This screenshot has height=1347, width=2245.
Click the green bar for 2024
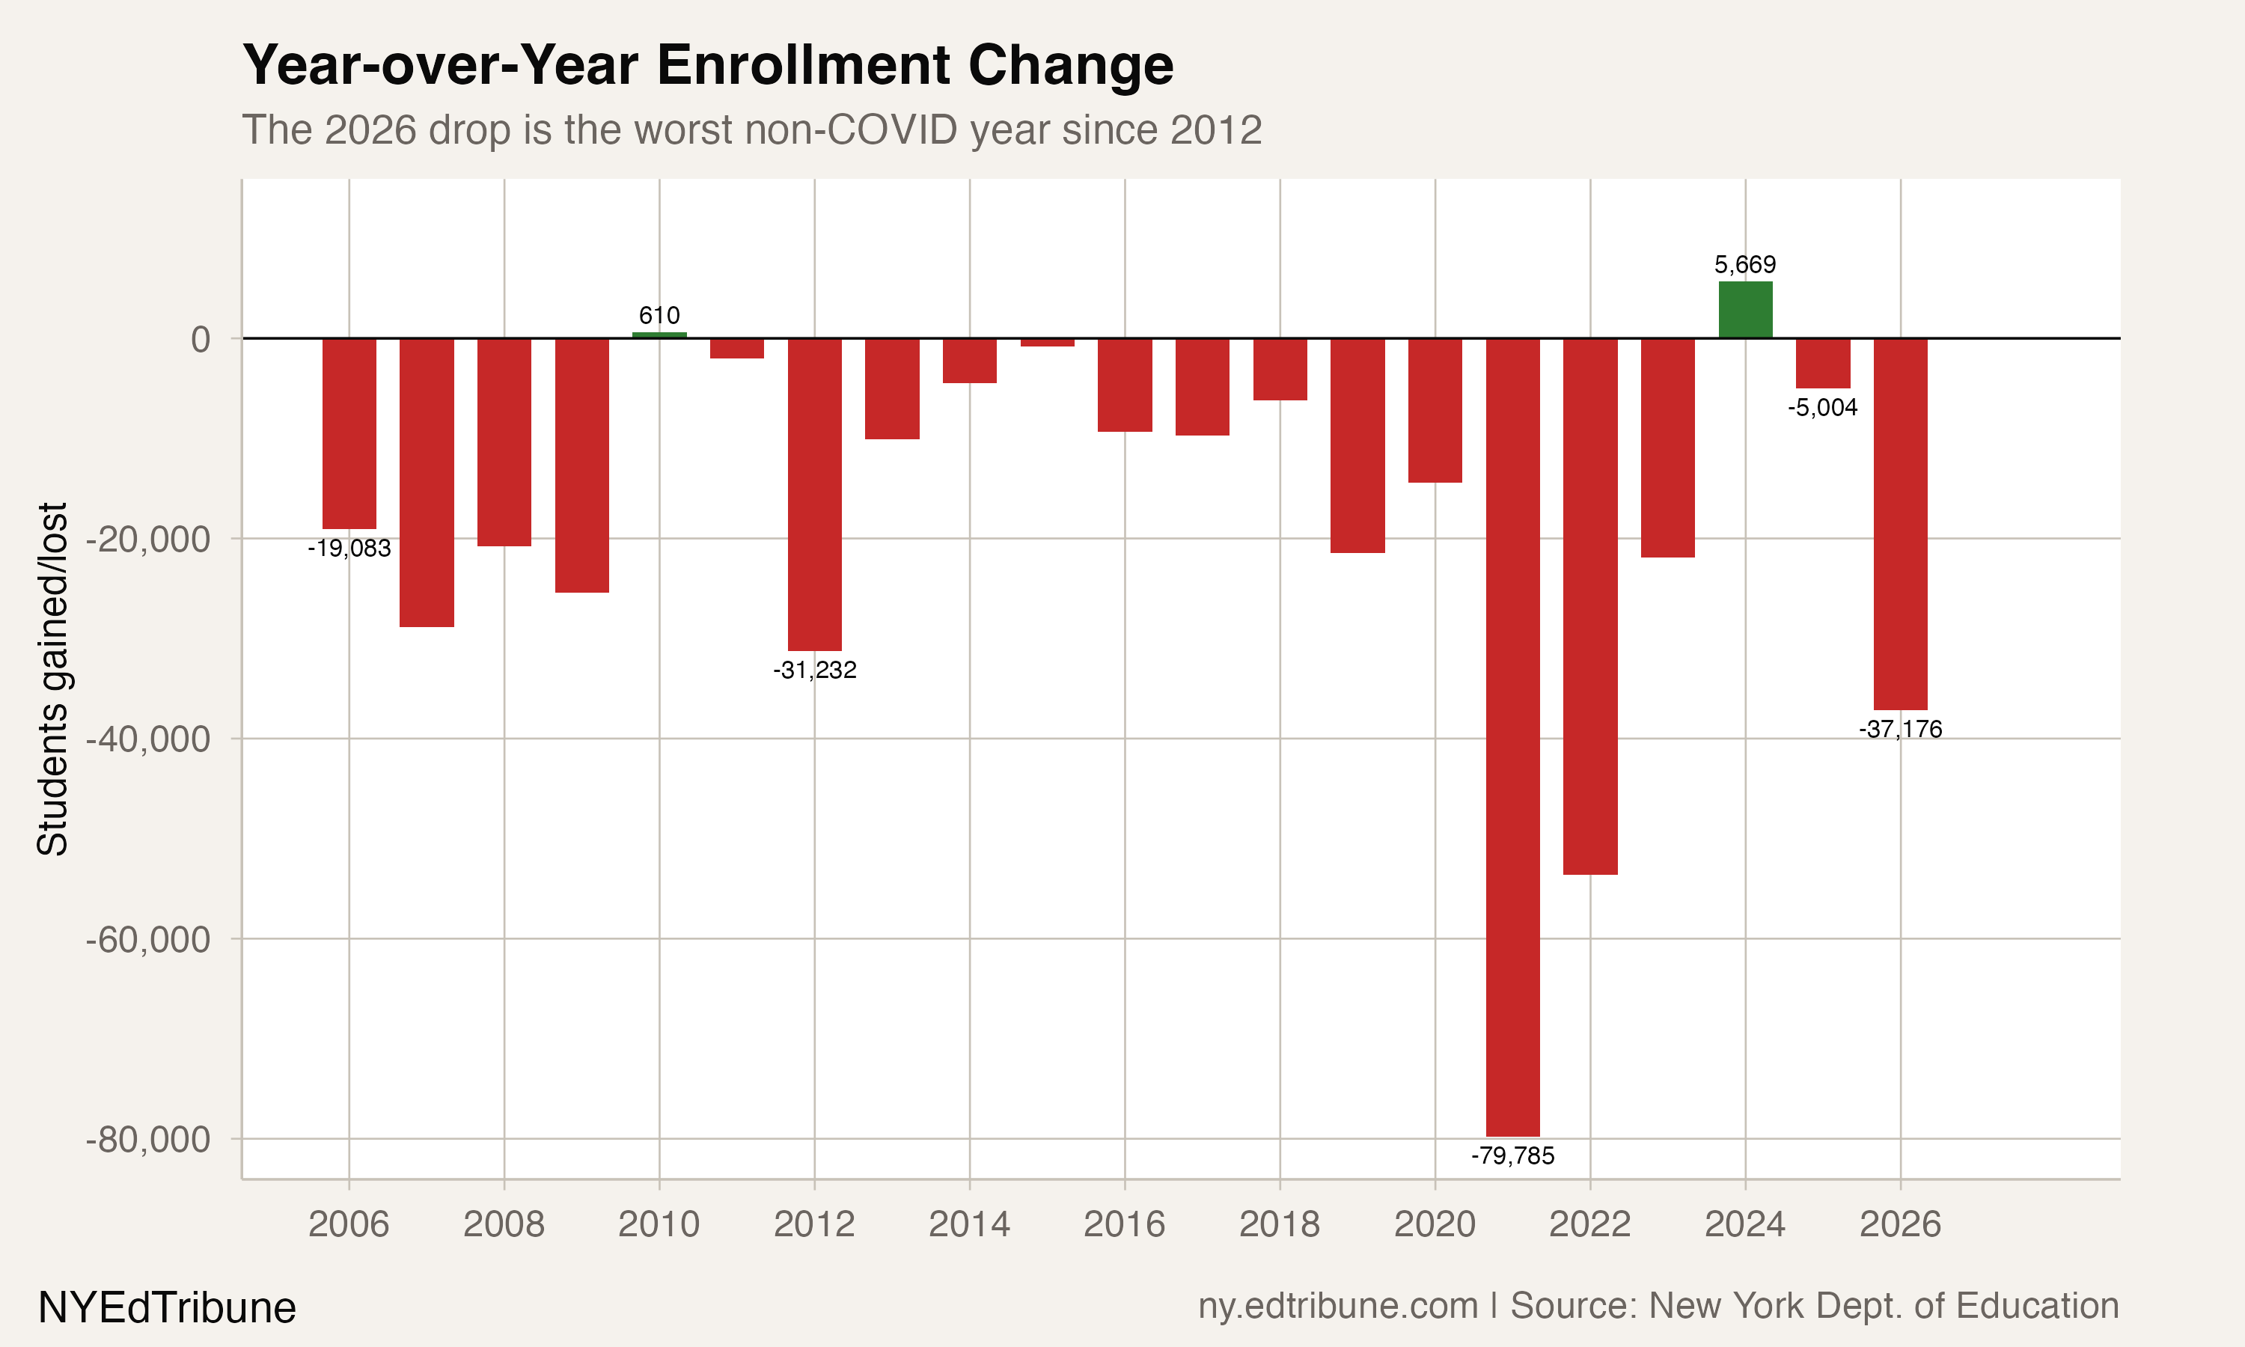pos(1745,311)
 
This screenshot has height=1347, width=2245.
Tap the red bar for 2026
pos(1900,524)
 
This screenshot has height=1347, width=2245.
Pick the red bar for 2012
pos(814,495)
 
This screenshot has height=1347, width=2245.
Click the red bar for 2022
pos(1589,606)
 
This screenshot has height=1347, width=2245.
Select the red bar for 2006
pos(349,433)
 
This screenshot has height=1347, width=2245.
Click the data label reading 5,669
pos(1745,265)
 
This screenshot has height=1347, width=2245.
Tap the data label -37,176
pos(1900,729)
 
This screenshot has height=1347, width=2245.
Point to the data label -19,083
pos(349,549)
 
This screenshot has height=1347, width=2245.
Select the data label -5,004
pos(1822,408)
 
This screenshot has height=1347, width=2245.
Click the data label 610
pos(659,315)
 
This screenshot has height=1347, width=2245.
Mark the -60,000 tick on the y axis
pos(148,938)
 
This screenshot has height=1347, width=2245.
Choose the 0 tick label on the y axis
pos(201,338)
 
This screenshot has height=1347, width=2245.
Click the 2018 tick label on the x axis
pos(1279,1224)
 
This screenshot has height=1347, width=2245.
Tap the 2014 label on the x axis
pos(968,1224)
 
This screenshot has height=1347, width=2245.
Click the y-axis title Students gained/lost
pos(52,678)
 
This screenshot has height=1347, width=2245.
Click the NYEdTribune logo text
pos(167,1308)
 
